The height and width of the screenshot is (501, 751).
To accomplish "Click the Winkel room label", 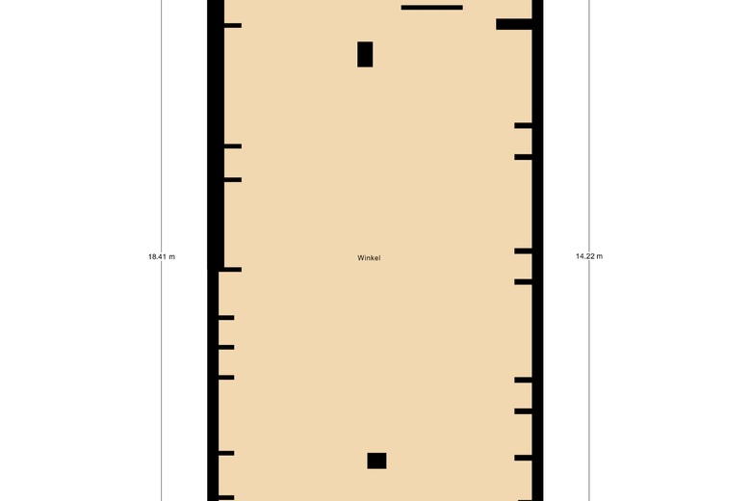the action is tap(369, 258).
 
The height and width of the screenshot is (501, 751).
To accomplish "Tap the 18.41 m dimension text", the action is tap(162, 257).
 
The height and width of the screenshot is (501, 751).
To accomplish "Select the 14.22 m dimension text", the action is tap(589, 256).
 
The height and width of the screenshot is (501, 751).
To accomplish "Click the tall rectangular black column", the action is tap(365, 54).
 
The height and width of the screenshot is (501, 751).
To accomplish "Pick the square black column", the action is tap(376, 461).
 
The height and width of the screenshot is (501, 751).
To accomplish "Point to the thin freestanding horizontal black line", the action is tap(432, 8).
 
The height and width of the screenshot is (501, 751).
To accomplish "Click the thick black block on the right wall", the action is tap(514, 24).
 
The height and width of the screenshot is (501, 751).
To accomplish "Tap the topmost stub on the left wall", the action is tap(233, 25).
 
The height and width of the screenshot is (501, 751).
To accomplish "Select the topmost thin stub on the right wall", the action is tap(524, 125).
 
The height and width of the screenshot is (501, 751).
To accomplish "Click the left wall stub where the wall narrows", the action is tap(230, 270).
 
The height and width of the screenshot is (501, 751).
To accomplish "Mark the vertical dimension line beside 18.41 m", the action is tap(162, 250).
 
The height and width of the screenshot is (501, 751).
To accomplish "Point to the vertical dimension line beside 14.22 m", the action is tap(589, 250).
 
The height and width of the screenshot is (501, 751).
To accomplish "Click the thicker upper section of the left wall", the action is tap(216, 135).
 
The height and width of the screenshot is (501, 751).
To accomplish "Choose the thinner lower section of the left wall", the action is tap(213, 386).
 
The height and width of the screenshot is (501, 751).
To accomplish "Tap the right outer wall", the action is tap(537, 250).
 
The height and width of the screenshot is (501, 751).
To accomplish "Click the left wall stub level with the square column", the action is tap(226, 453).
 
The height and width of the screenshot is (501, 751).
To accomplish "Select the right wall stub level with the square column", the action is tap(524, 458).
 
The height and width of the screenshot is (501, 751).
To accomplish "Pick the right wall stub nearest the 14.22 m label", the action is tap(524, 251).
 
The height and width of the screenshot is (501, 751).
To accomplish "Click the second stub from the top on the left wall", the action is tap(233, 146).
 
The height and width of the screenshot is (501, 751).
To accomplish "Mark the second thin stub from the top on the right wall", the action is tap(524, 157).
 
